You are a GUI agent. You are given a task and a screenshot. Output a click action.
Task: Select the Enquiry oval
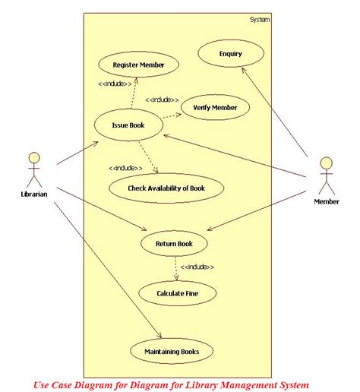click(230, 54)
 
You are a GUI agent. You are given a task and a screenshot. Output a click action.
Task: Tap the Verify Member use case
click(214, 108)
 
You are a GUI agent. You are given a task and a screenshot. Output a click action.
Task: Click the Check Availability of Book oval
click(166, 187)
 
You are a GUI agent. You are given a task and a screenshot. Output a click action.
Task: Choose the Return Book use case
click(174, 244)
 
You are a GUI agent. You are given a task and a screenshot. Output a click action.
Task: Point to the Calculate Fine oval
click(176, 292)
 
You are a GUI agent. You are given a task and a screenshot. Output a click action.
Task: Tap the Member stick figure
click(326, 176)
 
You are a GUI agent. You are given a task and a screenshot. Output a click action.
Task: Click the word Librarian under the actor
click(34, 194)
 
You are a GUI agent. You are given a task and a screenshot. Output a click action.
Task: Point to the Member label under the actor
click(327, 202)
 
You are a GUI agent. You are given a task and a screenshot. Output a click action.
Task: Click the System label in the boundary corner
click(259, 19)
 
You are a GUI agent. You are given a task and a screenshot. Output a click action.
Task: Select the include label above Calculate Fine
click(197, 267)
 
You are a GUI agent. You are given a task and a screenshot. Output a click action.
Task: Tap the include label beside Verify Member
click(162, 100)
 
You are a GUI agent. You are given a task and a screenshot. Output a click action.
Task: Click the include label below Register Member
click(115, 84)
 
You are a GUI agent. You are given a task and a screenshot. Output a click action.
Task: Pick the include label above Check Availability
click(126, 167)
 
